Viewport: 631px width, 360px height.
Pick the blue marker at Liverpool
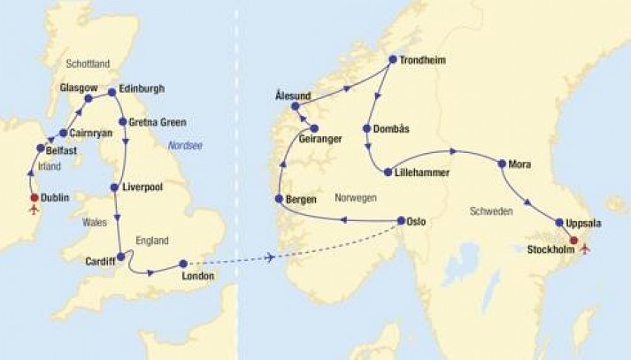pyautogui.click(x=114, y=188)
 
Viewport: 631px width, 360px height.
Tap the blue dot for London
pyautogui.click(x=183, y=264)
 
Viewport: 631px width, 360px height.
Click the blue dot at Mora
pyautogui.click(x=502, y=164)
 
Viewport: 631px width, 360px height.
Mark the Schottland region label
pyautogui.click(x=88, y=64)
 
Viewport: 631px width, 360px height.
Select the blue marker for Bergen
pyautogui.click(x=279, y=198)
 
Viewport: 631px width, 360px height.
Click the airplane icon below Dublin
pyautogui.click(x=35, y=211)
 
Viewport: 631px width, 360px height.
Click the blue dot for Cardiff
pyautogui.click(x=120, y=257)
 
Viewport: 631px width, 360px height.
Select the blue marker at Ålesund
pyautogui.click(x=296, y=106)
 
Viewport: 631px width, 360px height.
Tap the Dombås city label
pyautogui.click(x=392, y=128)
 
